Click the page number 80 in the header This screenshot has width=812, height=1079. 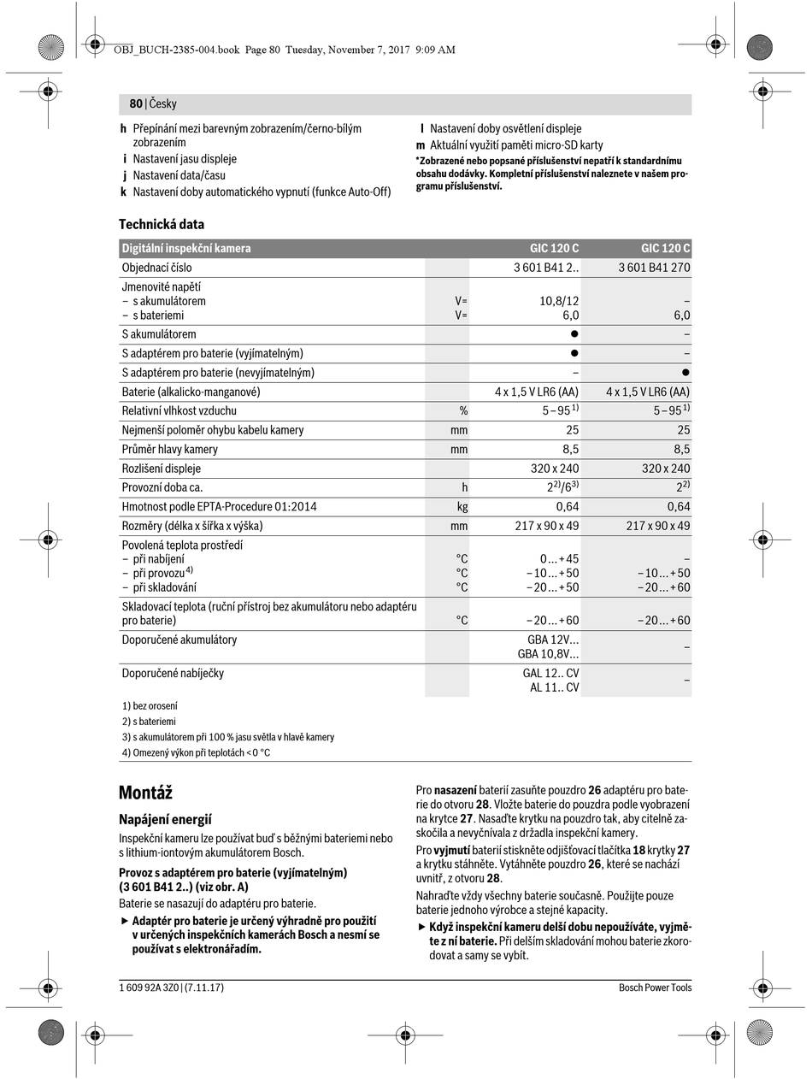[136, 103]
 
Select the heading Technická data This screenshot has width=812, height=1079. [162, 224]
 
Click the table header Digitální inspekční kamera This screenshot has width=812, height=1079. [186, 248]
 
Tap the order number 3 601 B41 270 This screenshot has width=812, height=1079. [654, 268]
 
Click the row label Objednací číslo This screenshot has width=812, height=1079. [156, 268]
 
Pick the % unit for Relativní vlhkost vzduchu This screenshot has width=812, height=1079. [463, 410]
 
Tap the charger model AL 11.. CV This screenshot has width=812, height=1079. [554, 687]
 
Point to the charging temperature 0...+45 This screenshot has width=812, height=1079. [559, 558]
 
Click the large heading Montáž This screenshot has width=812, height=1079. [145, 793]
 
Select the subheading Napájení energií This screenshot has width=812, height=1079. [165, 819]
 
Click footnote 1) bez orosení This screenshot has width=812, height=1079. [150, 706]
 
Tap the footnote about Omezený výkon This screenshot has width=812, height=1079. [196, 752]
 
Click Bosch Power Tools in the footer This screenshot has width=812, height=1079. [655, 988]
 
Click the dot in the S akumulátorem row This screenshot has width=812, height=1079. [574, 334]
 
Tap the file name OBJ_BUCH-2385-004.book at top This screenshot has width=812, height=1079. [176, 50]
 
